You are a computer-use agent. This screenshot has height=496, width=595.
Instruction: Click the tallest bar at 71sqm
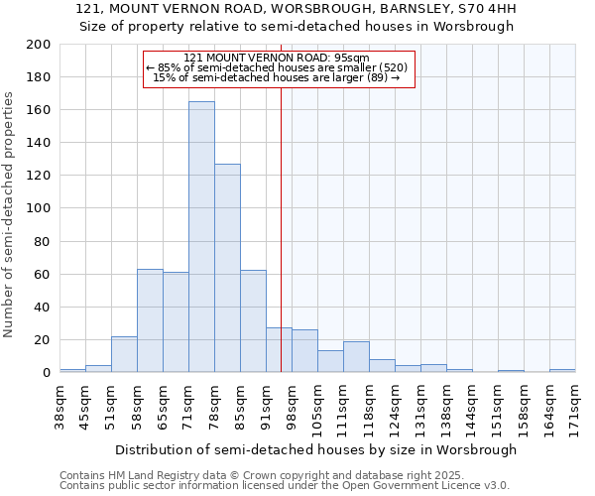pos(201,237)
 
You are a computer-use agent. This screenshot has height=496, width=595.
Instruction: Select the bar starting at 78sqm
pos(227,268)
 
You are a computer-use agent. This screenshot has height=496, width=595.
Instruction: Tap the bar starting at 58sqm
pos(150,320)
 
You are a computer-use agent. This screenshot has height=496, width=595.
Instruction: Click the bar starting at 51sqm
pos(124,354)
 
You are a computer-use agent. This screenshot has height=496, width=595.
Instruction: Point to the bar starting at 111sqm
pos(356,357)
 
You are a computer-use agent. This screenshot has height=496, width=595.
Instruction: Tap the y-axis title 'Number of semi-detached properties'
pos(10,213)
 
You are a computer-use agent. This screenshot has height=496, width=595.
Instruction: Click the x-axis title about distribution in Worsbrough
pos(315,449)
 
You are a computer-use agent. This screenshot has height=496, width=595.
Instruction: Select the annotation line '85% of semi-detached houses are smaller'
pos(277,67)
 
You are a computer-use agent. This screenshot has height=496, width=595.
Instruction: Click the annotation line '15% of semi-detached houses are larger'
pos(277,77)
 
